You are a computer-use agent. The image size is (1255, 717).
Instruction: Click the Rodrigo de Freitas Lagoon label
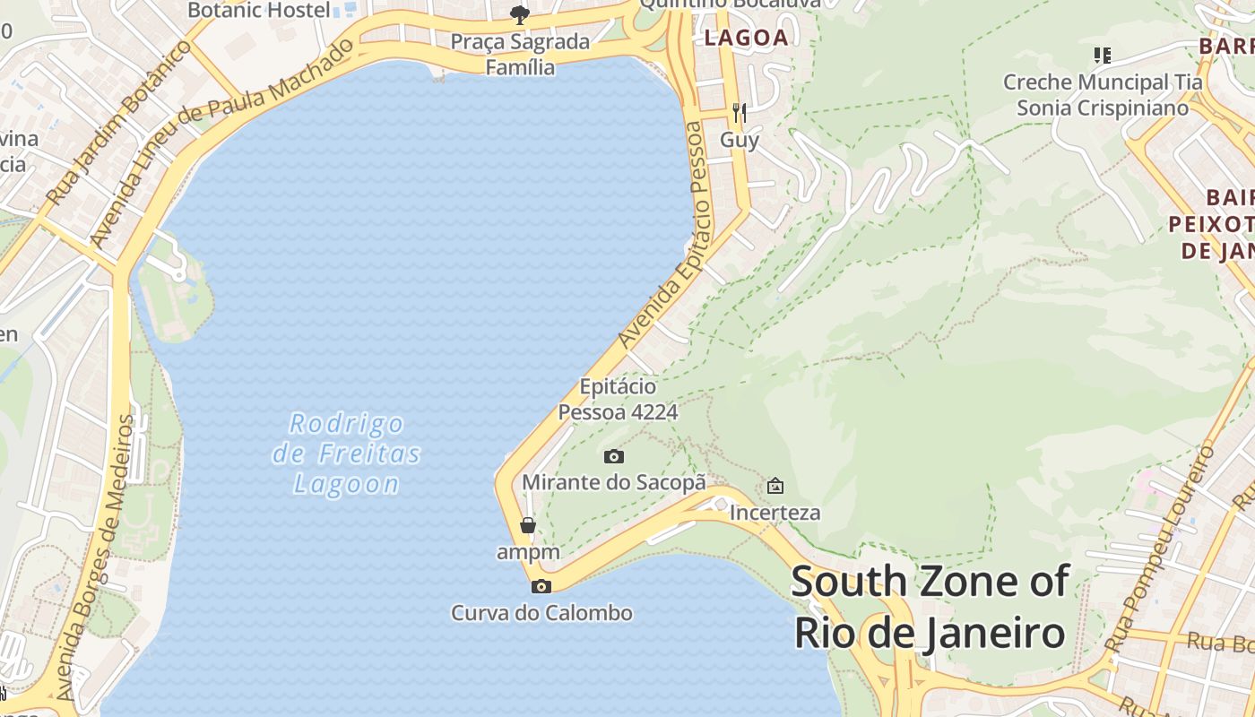(x=346, y=454)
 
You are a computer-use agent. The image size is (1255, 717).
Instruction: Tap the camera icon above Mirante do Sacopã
(x=614, y=456)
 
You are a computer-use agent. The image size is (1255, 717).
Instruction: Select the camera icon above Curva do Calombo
(x=541, y=586)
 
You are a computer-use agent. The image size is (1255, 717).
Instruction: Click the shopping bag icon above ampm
(x=528, y=525)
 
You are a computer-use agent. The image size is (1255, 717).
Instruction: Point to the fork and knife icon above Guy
(x=740, y=112)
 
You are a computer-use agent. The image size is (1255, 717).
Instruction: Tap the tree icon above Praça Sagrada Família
(x=519, y=14)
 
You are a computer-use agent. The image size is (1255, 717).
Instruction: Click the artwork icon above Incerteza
(x=775, y=486)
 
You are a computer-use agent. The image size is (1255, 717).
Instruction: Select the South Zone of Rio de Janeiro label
(x=930, y=607)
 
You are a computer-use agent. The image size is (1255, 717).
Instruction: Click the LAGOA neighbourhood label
(x=746, y=38)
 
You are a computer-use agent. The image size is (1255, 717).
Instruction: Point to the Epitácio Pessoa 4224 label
(x=618, y=400)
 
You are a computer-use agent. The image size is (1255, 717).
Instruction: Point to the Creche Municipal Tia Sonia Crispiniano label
(x=1103, y=95)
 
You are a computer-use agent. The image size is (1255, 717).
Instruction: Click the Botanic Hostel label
(x=259, y=10)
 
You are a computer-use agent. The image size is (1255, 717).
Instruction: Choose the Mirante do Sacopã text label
(x=614, y=482)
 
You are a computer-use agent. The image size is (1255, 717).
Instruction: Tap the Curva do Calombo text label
(x=541, y=613)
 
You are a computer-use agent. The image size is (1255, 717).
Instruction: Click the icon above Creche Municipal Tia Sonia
(x=1103, y=56)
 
